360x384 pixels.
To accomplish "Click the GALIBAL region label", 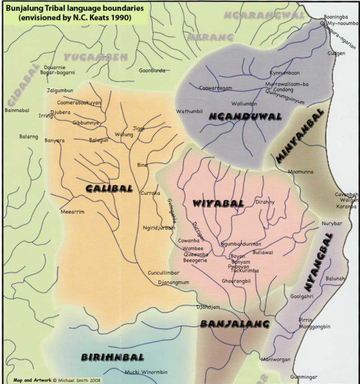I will (109, 188).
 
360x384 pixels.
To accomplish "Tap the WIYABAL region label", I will (217, 203).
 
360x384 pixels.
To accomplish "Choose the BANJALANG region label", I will (226, 324).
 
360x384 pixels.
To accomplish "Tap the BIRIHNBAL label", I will (107, 357).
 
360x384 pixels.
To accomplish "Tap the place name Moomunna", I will (301, 172).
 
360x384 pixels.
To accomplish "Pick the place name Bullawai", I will (264, 253).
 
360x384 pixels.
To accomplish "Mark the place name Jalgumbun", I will (59, 91).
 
